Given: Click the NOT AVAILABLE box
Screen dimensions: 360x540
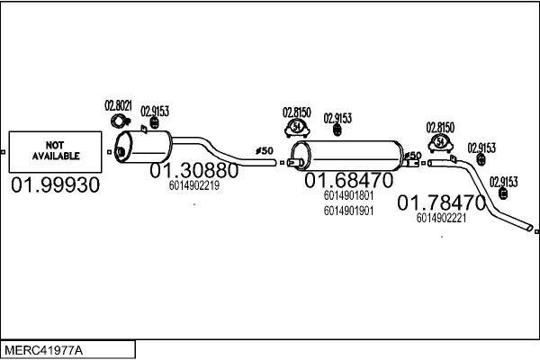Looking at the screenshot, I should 57,151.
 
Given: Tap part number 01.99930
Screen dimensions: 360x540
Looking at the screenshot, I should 56,185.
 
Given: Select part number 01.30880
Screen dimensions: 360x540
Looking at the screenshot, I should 193,170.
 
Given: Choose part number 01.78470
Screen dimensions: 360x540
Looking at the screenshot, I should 441,202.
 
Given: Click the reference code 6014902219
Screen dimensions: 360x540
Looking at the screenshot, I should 193,185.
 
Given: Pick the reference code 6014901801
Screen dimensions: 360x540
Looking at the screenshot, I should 348,195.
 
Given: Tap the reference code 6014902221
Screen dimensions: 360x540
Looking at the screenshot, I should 441,217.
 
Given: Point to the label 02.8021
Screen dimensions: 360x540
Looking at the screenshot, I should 118,105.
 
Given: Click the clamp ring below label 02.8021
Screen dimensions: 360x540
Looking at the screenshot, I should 118,121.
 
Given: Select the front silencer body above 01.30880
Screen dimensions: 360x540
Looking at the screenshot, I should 144,145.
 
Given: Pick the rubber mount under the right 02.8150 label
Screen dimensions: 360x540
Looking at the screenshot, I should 441,143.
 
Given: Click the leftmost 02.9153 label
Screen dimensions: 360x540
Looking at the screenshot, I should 155,111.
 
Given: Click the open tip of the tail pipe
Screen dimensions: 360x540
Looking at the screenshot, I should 530,229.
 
